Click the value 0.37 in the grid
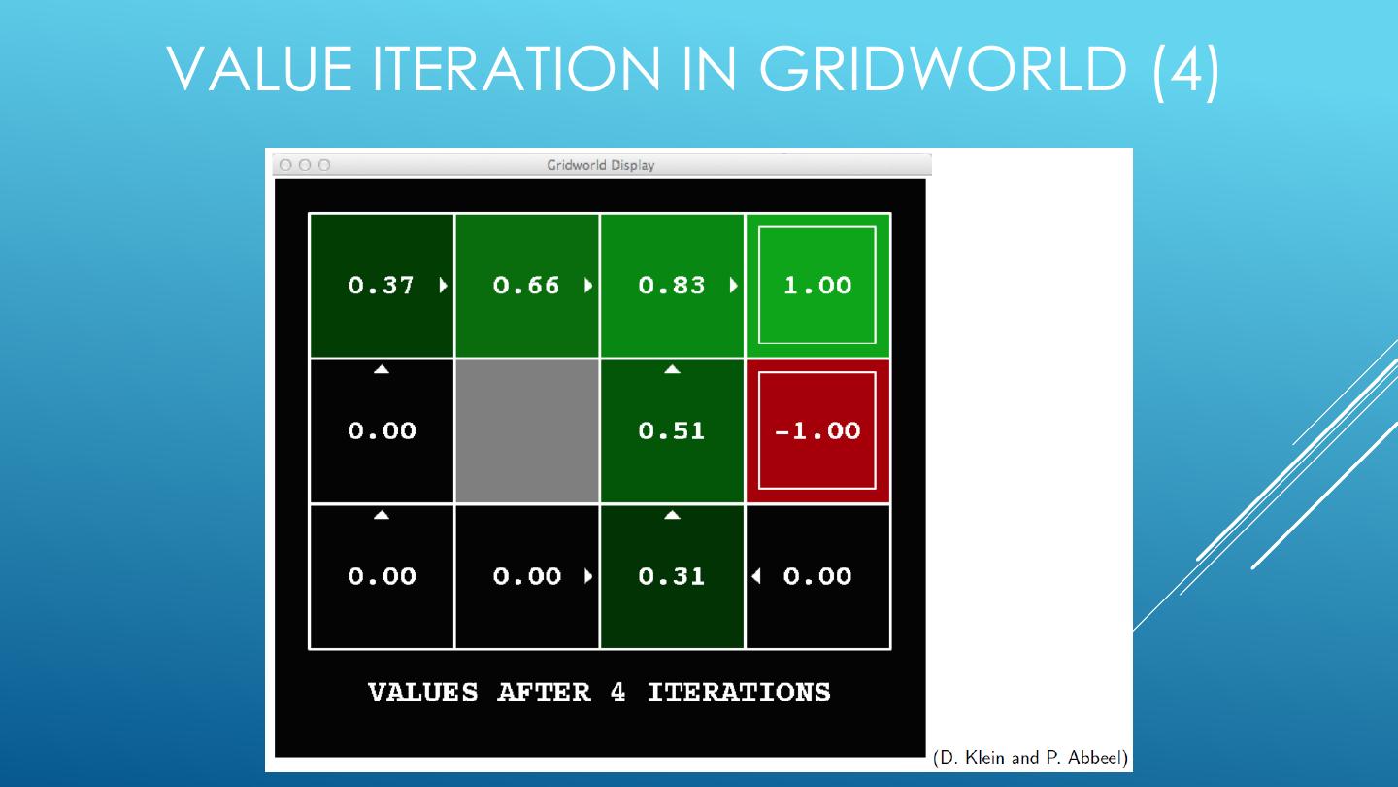tap(381, 286)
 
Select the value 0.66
tap(526, 286)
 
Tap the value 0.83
tap(672, 286)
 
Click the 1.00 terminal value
tap(817, 286)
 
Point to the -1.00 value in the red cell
tap(817, 431)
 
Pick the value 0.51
tap(672, 431)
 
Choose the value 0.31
tap(672, 576)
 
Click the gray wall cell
tap(527, 431)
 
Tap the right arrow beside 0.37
tap(444, 286)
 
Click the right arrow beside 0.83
tap(734, 286)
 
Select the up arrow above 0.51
tap(672, 369)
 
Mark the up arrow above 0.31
tap(672, 515)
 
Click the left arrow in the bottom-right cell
tap(756, 576)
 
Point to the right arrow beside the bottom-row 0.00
tap(588, 576)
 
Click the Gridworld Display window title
tap(601, 165)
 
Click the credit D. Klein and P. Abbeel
tap(1031, 757)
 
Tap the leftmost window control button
tap(286, 165)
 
